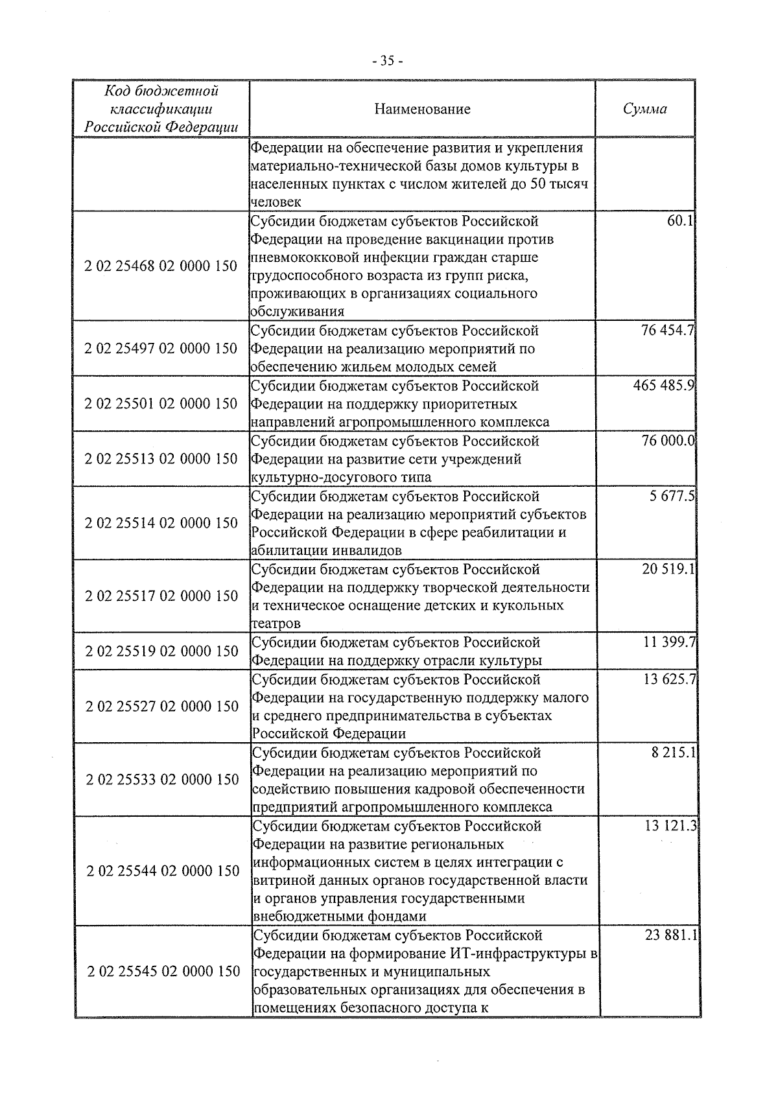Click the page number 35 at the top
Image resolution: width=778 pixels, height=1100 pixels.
click(x=388, y=61)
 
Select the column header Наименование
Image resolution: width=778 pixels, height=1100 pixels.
click(x=422, y=109)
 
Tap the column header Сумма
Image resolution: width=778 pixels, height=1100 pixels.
click(x=644, y=109)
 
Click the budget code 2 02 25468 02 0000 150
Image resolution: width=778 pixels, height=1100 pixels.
click(x=161, y=266)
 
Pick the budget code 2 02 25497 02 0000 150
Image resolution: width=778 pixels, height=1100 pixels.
click(x=161, y=348)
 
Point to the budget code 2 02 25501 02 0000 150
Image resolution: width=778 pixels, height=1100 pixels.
click(x=161, y=403)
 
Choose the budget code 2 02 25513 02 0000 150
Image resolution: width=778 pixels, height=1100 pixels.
click(x=161, y=458)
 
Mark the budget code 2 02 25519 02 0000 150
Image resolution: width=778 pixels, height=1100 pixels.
click(x=161, y=651)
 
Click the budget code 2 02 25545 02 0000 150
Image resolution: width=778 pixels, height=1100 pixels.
click(x=163, y=971)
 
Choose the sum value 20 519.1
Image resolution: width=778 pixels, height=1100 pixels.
click(x=668, y=569)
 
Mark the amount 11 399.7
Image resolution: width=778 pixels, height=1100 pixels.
click(x=669, y=642)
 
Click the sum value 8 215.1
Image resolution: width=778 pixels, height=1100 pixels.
click(x=674, y=753)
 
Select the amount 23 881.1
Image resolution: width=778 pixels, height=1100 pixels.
click(x=670, y=935)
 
